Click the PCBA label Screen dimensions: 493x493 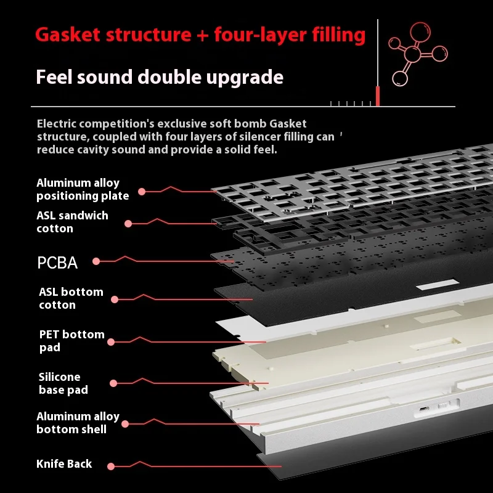pyautogui.click(x=57, y=263)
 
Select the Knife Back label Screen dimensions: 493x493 pyautogui.click(x=64, y=464)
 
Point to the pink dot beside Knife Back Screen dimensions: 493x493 pyautogui.click(x=111, y=467)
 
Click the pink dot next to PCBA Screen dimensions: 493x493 pyautogui.click(x=96, y=261)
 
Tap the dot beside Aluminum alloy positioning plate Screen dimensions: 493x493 pyautogui.click(x=142, y=192)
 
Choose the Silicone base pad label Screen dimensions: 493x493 pyautogui.click(x=63, y=383)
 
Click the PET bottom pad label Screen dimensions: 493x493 pyautogui.click(x=71, y=341)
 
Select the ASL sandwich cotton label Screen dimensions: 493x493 pyautogui.click(x=72, y=222)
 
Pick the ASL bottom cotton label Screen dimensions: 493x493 pyautogui.click(x=71, y=298)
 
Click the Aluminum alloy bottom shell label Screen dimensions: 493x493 pyautogui.click(x=78, y=423)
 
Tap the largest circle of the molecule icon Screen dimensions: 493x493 pyautogui.click(x=420, y=32)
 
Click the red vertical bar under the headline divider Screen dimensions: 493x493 pyautogui.click(x=378, y=96)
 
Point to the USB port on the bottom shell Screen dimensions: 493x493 pyautogui.click(x=424, y=409)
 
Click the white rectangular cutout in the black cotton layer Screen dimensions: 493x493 pyautogui.click(x=438, y=284)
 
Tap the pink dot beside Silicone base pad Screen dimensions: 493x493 pyautogui.click(x=113, y=383)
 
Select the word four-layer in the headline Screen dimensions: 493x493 pyautogui.click(x=260, y=35)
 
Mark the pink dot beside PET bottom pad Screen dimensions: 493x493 pyautogui.click(x=111, y=342)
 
